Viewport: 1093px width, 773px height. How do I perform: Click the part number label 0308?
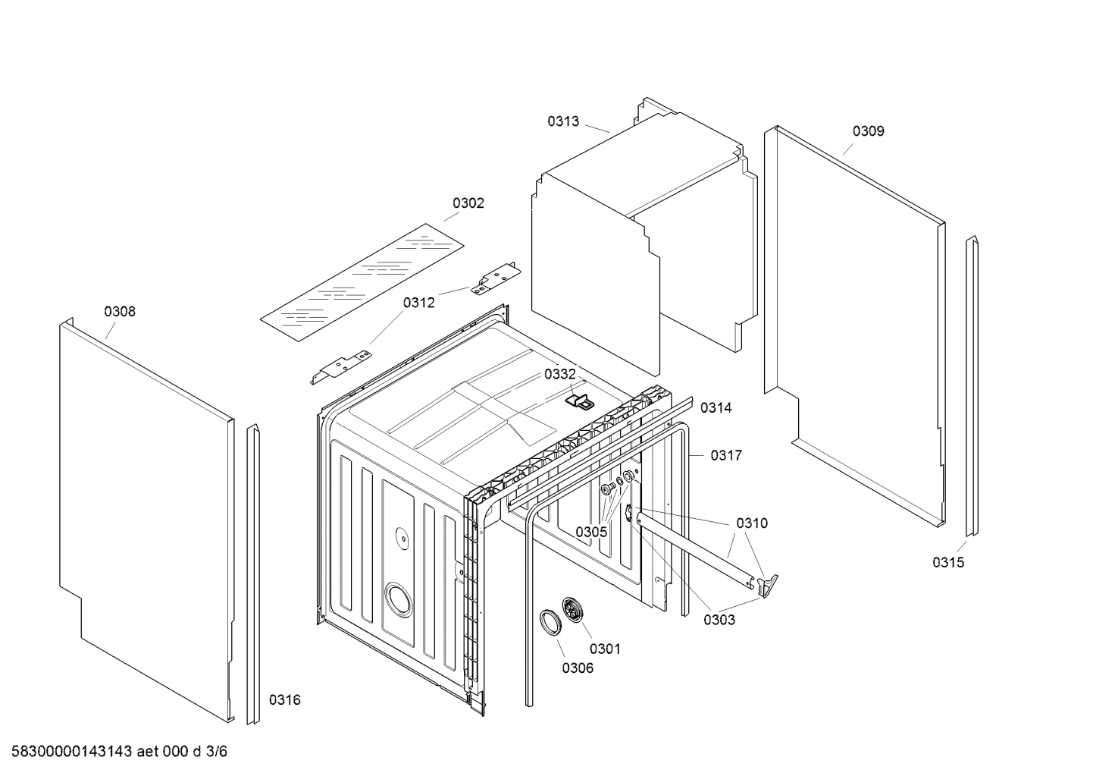point(120,311)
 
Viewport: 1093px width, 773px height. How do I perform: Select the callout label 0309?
point(868,131)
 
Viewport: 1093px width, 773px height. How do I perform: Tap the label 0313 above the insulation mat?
point(563,121)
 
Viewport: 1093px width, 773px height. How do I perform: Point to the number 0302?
point(468,203)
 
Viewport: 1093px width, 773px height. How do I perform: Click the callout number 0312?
point(418,303)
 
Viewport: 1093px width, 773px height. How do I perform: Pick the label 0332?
point(559,374)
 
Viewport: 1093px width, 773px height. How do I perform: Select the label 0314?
point(716,408)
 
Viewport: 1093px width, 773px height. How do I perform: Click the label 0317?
point(725,455)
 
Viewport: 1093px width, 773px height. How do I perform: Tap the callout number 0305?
point(590,532)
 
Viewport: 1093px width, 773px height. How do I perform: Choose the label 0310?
point(751,523)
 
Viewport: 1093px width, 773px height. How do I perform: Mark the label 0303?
point(719,620)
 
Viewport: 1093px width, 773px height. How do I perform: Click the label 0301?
point(605,649)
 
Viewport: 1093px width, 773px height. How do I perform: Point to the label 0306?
point(578,668)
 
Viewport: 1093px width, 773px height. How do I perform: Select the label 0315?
point(948,562)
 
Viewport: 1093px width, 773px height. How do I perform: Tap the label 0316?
point(285,699)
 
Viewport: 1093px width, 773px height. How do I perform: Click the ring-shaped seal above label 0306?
point(550,621)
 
